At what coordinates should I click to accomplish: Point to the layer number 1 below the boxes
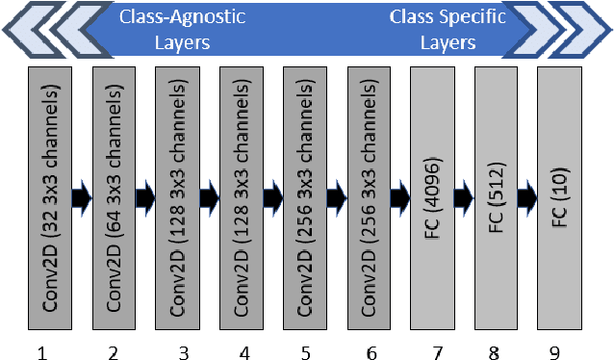click(x=41, y=353)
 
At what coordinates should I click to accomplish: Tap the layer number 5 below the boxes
click(x=306, y=353)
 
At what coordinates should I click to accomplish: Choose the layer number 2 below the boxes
click(x=114, y=353)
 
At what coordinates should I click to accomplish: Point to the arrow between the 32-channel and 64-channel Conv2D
click(x=81, y=197)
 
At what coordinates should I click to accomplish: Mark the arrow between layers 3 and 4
click(x=210, y=197)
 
